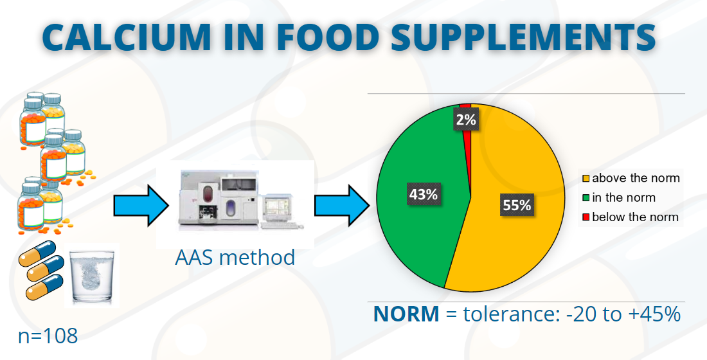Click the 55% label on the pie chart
[516, 205]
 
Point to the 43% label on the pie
[424, 194]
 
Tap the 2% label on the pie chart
[465, 119]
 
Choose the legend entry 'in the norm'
[623, 197]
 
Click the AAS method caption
[235, 257]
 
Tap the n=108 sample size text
[48, 335]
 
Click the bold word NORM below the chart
[406, 314]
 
